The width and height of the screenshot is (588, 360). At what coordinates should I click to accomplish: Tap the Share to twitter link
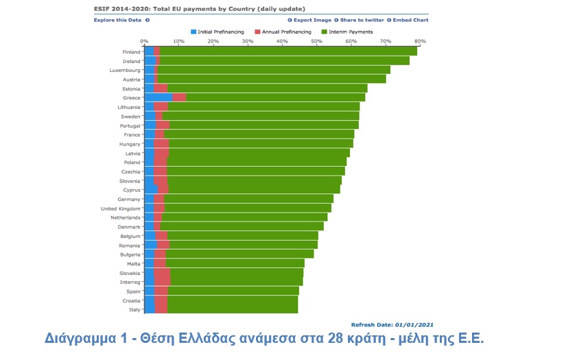360,20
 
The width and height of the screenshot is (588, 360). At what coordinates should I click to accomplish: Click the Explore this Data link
117,20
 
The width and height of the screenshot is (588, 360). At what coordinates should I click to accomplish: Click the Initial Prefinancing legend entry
220,32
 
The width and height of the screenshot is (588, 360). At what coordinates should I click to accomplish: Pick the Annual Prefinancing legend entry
283,32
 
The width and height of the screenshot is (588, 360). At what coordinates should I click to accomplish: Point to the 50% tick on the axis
316,41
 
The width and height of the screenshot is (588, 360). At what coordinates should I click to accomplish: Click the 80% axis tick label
420,41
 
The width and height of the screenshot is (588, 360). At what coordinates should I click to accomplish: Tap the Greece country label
132,98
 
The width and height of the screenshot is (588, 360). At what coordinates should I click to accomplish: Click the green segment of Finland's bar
288,51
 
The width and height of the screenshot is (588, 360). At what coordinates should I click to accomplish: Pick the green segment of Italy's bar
233,309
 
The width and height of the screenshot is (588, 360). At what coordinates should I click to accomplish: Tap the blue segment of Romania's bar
151,245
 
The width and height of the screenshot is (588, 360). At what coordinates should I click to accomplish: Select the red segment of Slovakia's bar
162,273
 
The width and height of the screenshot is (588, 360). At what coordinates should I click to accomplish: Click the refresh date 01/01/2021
414,324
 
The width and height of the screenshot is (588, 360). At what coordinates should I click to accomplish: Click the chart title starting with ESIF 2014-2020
196,9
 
